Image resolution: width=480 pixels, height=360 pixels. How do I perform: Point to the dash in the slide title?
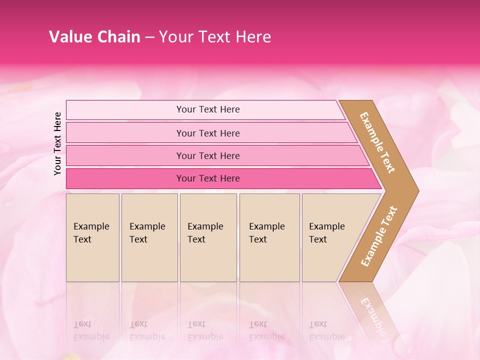[149, 37]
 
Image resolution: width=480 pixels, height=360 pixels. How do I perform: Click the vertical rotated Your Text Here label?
[57, 143]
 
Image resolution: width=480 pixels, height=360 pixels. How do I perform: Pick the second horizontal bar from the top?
[208, 133]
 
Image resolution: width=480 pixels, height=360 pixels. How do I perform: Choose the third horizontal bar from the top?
[208, 155]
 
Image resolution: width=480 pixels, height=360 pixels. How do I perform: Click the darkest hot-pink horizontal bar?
[208, 178]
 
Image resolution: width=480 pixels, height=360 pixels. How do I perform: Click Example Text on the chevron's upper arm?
[377, 142]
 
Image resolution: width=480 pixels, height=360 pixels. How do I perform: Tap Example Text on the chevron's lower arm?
[379, 236]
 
